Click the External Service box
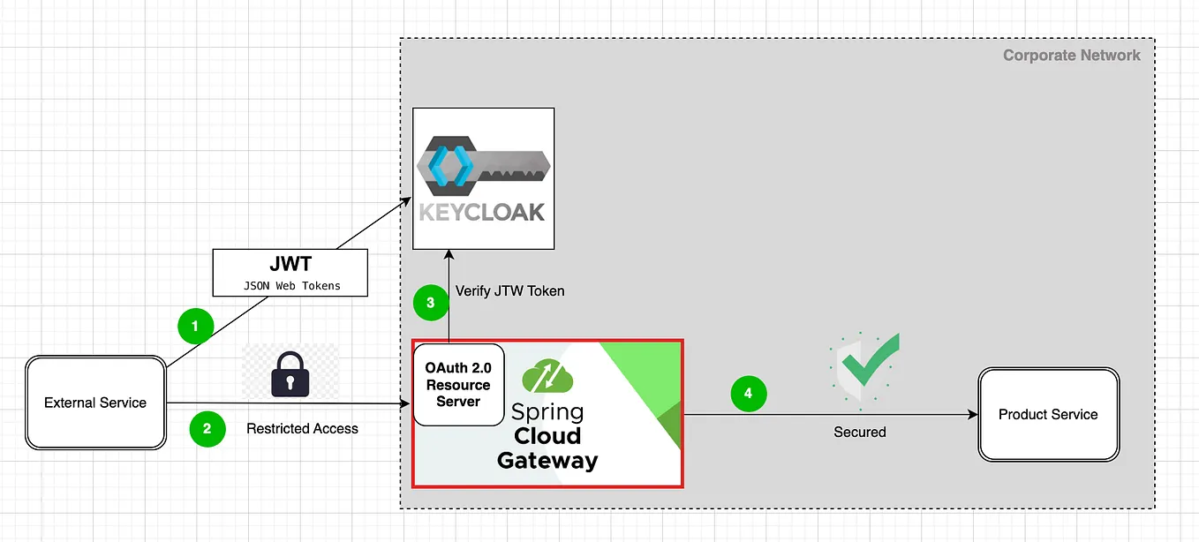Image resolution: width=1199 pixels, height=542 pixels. [95, 403]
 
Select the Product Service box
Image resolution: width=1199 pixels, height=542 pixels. [1048, 415]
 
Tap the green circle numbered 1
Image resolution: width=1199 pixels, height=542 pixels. [195, 327]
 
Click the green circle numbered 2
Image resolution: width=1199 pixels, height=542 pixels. [207, 429]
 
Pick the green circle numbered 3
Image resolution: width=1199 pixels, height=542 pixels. [430, 303]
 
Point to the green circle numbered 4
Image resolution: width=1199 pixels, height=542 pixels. [748, 394]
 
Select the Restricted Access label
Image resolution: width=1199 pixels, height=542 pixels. [302, 429]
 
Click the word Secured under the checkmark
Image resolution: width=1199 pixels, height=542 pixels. [859, 433]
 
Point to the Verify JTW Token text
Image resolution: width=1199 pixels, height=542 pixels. [509, 290]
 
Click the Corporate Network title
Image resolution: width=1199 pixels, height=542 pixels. [1071, 56]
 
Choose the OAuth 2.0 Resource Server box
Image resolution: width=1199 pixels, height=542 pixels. [458, 385]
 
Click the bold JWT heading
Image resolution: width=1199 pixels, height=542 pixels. [290, 264]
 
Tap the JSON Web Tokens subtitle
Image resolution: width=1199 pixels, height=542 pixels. [291, 285]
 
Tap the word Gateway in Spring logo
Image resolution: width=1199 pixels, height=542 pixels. [547, 460]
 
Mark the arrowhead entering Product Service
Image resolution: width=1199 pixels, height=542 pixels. [973, 415]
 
